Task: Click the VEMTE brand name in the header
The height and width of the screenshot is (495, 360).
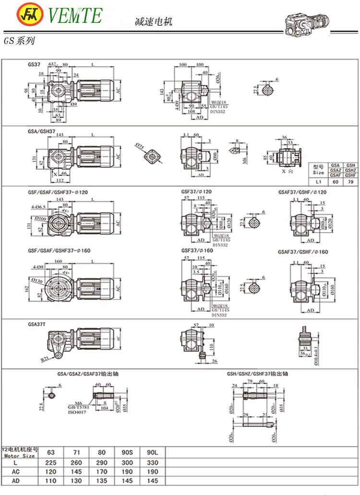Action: click(75, 14)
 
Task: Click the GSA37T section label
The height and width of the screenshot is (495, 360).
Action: click(37, 324)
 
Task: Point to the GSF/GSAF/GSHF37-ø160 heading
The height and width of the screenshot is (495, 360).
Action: click(59, 251)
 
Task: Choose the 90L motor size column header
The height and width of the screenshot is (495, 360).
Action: click(151, 451)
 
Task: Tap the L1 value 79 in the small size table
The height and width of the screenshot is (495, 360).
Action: click(350, 183)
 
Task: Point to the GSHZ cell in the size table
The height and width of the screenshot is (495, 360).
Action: click(350, 171)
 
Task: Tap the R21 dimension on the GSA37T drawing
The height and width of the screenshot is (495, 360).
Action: click(44, 358)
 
